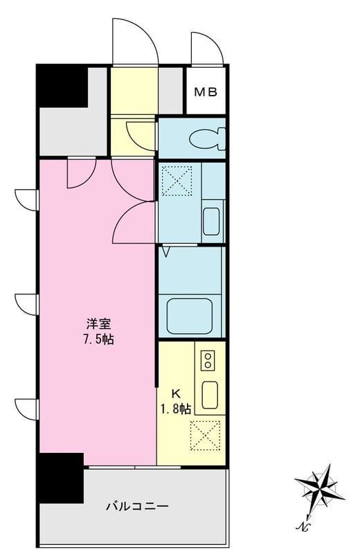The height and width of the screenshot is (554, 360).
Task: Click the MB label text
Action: pos(206,92)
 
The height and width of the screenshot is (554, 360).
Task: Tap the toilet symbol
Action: pos(208,138)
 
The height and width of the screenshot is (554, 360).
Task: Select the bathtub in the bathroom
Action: pos(190,316)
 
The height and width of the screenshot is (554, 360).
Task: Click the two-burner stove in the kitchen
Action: pos(208,360)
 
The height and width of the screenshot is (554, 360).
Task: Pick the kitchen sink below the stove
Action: pos(210,395)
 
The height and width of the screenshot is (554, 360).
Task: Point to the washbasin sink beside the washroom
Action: pos(212,221)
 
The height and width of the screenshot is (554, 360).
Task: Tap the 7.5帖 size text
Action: pos(98,339)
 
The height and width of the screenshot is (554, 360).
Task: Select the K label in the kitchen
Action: pos(176,393)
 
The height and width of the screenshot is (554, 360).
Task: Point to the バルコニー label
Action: pos(138,507)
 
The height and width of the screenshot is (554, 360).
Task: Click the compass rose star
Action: pos(319,488)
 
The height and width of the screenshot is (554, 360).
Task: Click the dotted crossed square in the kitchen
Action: pos(205,436)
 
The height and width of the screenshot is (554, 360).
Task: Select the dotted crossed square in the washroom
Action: pos(177,181)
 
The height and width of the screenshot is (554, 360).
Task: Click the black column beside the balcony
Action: pos(61,478)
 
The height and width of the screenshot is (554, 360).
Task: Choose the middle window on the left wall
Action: pos(26,304)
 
